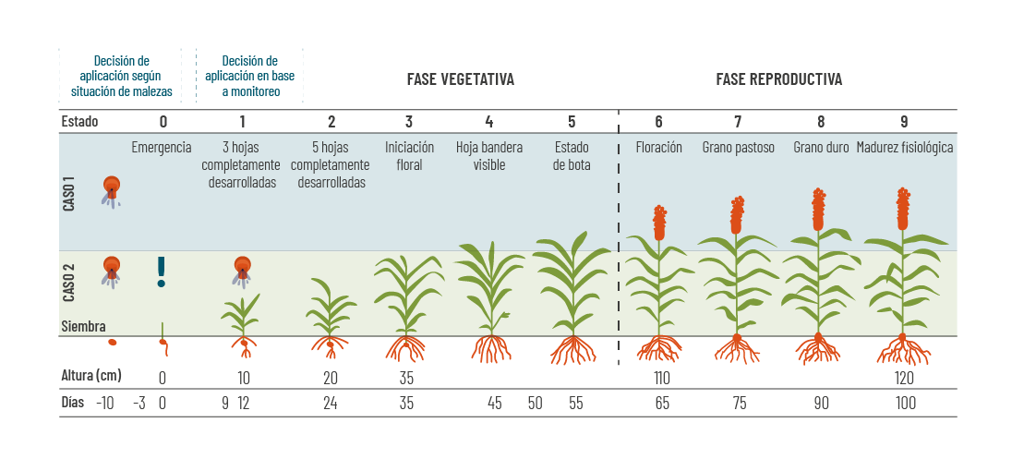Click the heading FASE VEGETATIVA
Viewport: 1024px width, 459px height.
[x=460, y=79]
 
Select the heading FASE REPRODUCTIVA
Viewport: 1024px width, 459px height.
[x=778, y=79]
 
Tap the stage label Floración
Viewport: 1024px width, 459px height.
[x=658, y=147]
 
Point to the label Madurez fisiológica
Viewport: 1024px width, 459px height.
[x=904, y=147]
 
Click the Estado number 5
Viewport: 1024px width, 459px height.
[x=572, y=121]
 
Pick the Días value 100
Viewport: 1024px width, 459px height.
[x=905, y=404]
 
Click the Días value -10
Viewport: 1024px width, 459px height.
[x=105, y=404]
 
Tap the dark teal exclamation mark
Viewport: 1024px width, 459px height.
[x=162, y=271]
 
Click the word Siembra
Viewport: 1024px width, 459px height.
[x=83, y=326]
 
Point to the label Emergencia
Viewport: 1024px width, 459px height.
[x=162, y=147]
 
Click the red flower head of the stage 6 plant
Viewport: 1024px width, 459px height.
[x=659, y=223]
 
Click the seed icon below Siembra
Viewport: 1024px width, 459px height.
[x=112, y=343]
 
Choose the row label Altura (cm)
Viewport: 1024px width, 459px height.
[x=91, y=377]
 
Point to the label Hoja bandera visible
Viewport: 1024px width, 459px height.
[x=489, y=155]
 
